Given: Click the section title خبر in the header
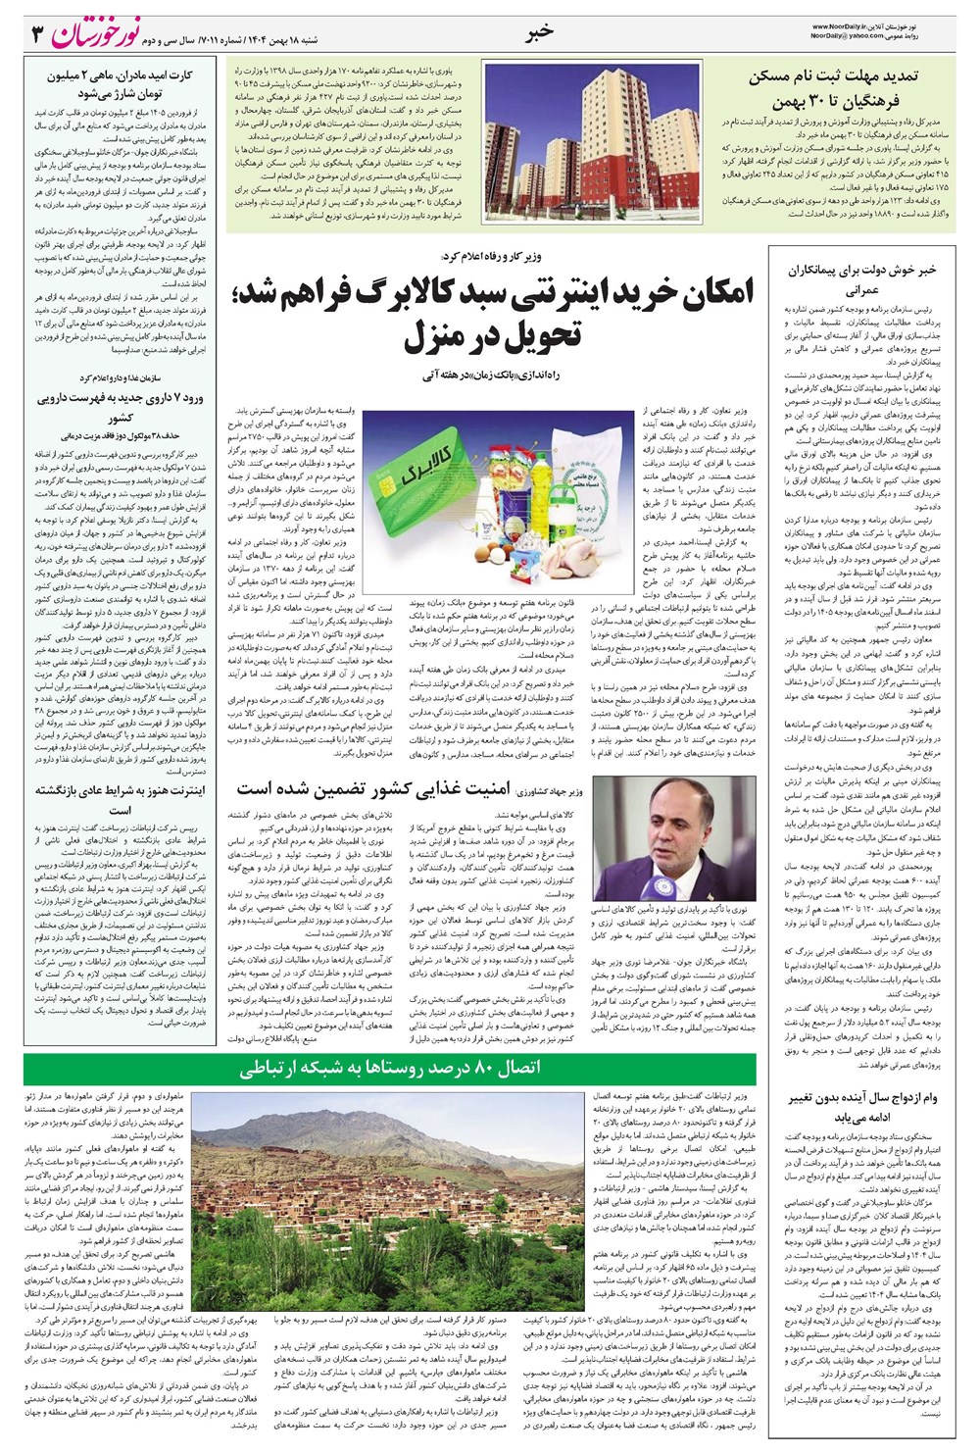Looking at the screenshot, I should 540,31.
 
